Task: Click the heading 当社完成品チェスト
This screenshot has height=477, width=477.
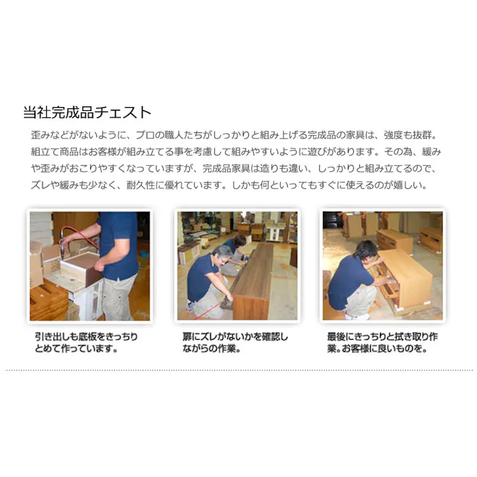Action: pyautogui.click(x=87, y=112)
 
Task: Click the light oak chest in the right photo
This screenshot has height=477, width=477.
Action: pyautogui.click(x=401, y=274)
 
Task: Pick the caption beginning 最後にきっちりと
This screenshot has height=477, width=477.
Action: pyautogui.click(x=381, y=342)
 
